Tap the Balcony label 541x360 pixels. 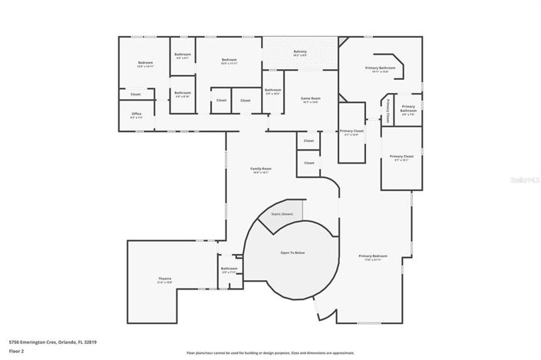[x=300, y=53]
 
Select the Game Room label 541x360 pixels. [x=309, y=100]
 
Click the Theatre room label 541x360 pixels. [x=165, y=280]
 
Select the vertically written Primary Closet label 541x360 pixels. [x=388, y=112]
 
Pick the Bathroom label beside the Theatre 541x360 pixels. [x=229, y=270]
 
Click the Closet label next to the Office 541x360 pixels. [x=135, y=94]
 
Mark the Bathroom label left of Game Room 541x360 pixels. [x=273, y=91]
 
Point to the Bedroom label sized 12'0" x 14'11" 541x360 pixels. [x=146, y=64]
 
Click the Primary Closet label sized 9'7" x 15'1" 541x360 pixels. [x=401, y=158]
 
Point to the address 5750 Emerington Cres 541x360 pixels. [x=52, y=342]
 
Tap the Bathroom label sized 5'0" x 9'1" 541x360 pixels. [x=183, y=56]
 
